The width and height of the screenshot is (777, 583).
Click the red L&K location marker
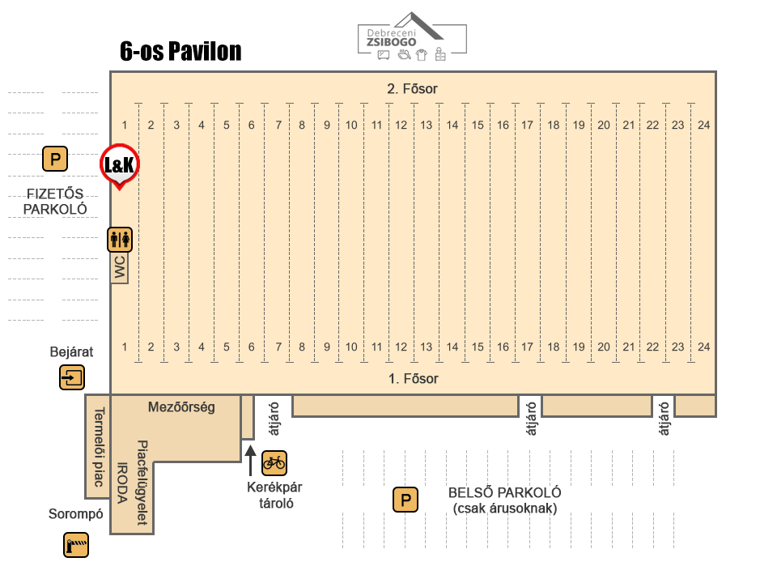(120, 165)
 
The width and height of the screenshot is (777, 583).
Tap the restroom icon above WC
(120, 240)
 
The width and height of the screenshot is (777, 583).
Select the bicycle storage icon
(274, 463)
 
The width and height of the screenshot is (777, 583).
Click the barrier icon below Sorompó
(76, 545)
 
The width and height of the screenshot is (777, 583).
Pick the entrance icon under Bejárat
(72, 378)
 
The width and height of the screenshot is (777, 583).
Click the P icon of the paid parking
(55, 160)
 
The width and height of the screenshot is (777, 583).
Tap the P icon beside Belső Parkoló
(405, 500)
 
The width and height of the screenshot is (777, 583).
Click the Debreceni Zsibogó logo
(412, 37)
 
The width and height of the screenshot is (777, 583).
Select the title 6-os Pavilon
(180, 51)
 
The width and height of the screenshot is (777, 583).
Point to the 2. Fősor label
(412, 89)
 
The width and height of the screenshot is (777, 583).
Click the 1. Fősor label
(414, 379)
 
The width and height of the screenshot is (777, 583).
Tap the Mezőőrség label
(181, 407)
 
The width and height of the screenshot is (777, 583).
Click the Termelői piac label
(99, 447)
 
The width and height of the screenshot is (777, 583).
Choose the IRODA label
(122, 483)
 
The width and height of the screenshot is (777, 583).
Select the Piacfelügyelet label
(142, 483)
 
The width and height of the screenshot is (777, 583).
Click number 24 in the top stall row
(703, 125)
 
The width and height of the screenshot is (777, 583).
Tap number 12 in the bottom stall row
(401, 347)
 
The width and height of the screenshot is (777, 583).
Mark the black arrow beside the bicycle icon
(251, 461)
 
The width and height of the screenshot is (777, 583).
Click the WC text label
(120, 268)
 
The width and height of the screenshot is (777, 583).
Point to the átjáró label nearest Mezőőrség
(274, 419)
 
